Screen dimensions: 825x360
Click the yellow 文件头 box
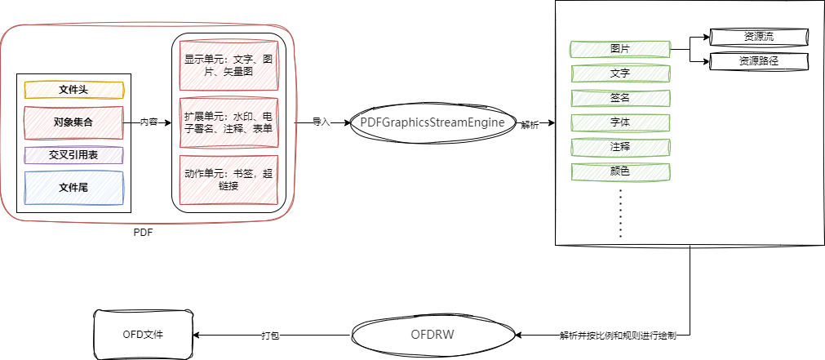(x=73, y=90)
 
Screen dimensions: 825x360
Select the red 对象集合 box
(x=73, y=122)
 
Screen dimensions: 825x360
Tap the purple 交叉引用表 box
(x=73, y=155)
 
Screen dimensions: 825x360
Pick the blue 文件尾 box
(x=73, y=188)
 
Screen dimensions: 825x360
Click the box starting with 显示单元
(x=228, y=65)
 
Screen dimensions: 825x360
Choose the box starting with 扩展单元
(x=228, y=122)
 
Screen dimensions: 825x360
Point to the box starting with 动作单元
(x=228, y=180)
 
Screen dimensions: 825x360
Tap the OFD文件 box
(x=143, y=335)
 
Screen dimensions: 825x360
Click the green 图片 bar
(x=620, y=49)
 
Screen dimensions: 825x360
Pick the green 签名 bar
(x=620, y=98)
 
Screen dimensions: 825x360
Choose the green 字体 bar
(x=620, y=122)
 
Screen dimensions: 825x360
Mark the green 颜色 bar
(x=620, y=171)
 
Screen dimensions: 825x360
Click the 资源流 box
(x=759, y=36)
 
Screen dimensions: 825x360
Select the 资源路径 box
(x=759, y=61)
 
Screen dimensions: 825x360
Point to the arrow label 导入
(x=321, y=122)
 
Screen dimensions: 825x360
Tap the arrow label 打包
(x=270, y=336)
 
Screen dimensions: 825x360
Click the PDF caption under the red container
(x=143, y=233)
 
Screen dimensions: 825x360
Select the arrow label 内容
(x=149, y=122)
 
